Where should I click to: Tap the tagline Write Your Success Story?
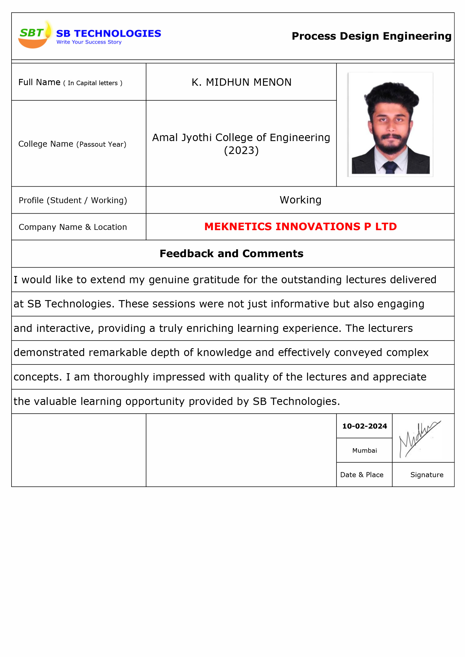89,42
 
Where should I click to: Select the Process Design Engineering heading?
371,36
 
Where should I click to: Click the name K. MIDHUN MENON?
241,82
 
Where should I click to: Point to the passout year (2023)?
241,151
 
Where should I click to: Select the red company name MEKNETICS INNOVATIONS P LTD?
300,226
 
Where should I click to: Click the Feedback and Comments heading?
231,253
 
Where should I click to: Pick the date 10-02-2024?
365,426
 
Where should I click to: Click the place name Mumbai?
365,450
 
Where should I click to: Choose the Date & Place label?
362,475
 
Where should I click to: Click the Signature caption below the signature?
427,475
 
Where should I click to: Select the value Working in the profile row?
300,200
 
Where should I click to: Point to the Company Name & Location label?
73,227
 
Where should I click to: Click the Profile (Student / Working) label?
73,200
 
